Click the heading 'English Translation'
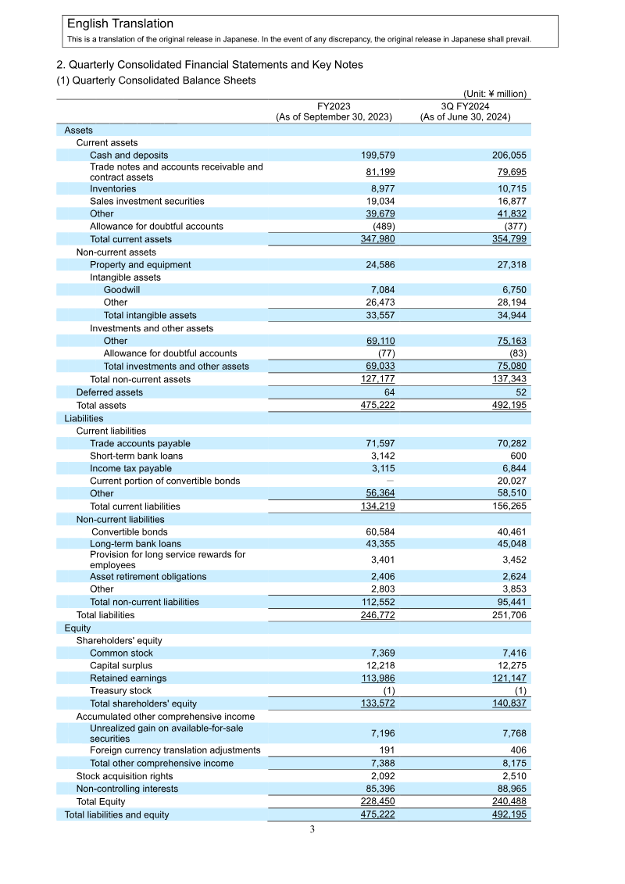click(x=120, y=24)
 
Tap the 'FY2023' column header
click(x=334, y=106)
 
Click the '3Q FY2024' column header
click(x=465, y=106)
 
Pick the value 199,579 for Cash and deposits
click(x=377, y=156)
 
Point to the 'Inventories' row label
click(x=112, y=189)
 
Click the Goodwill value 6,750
click(x=511, y=290)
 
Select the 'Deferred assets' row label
click(x=109, y=392)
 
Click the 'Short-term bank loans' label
click(x=136, y=456)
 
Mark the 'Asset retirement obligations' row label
click(x=148, y=577)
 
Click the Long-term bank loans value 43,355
click(x=377, y=544)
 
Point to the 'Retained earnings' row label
click(x=128, y=678)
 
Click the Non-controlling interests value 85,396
click(x=377, y=789)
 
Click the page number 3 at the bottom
click(x=312, y=830)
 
